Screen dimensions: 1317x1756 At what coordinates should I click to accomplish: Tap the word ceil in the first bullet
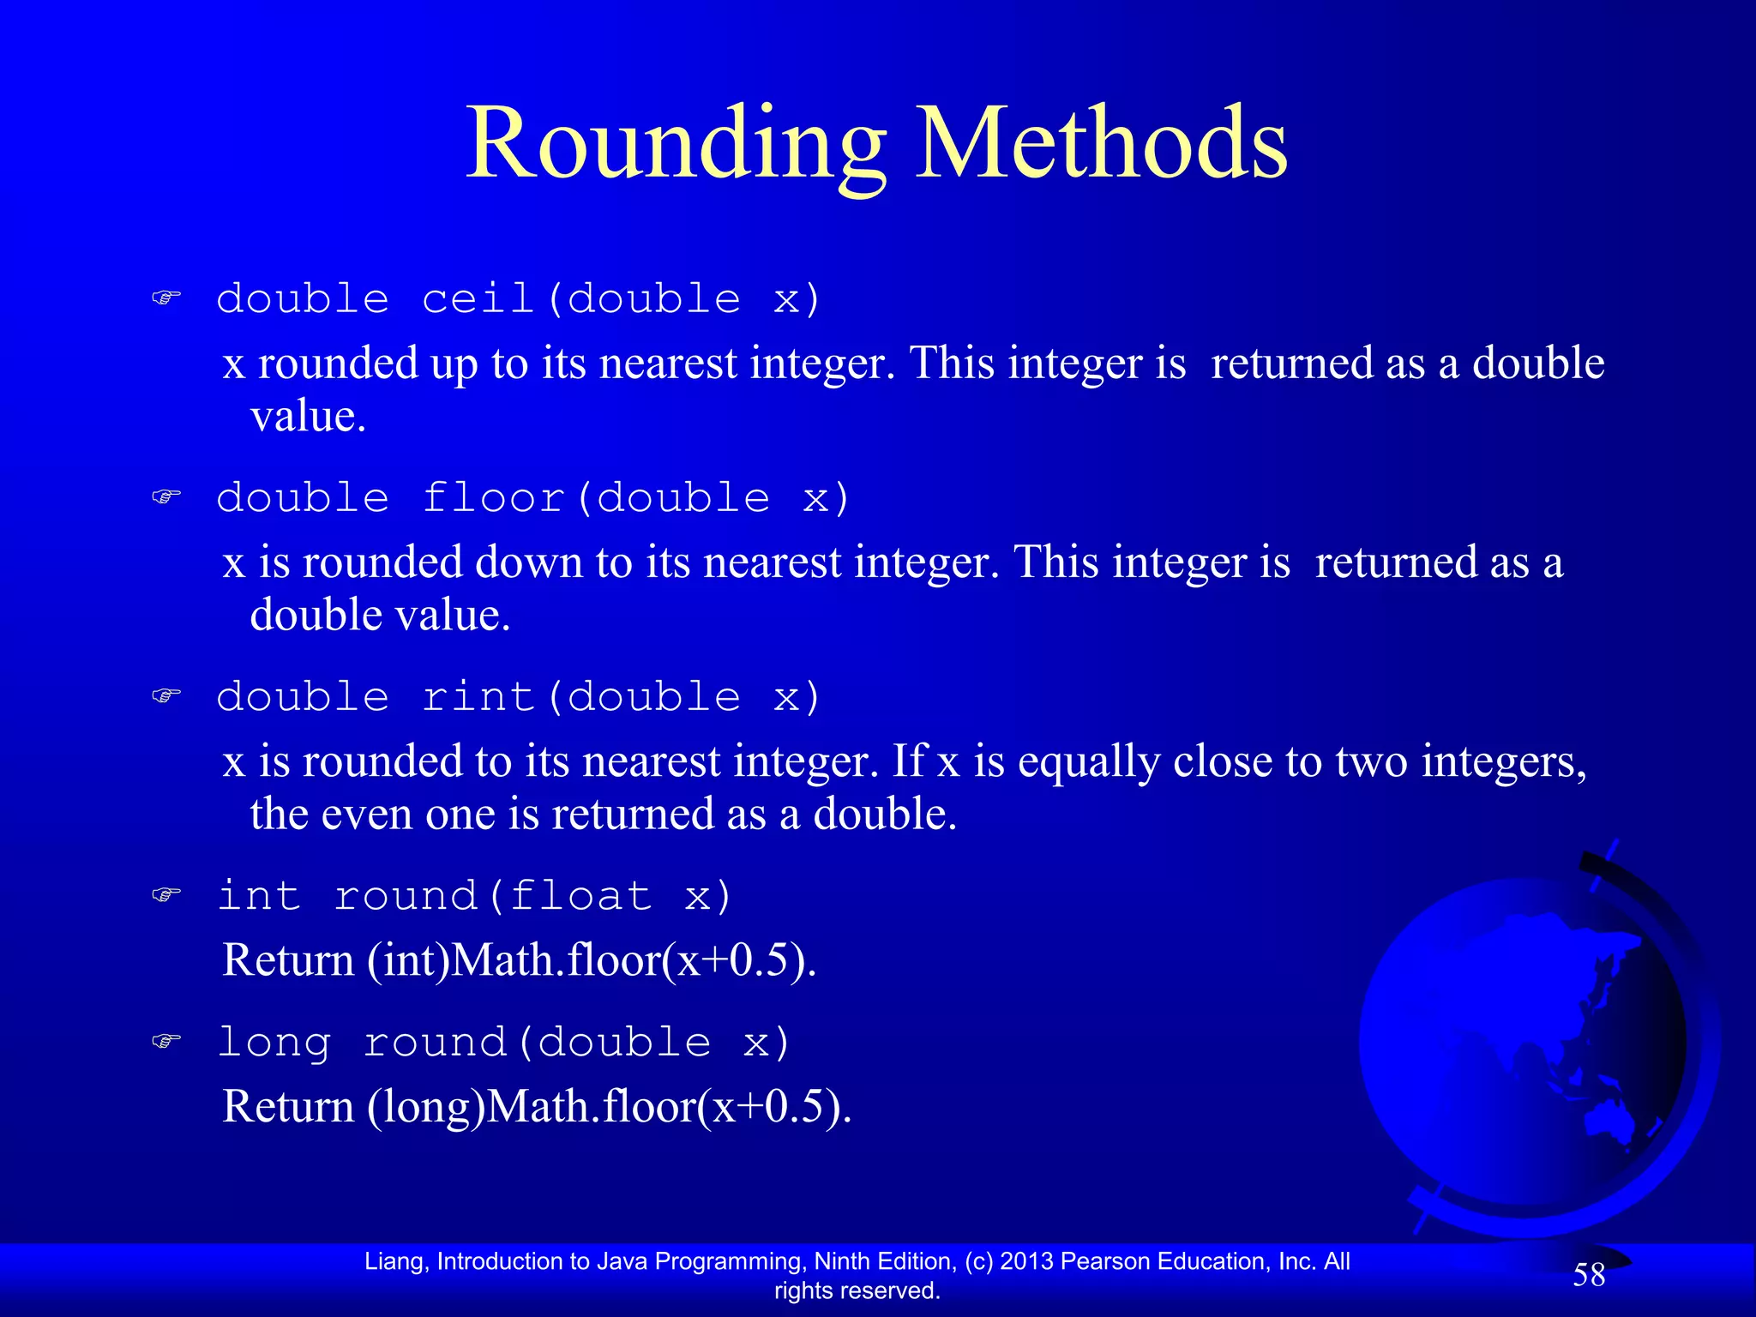(478, 299)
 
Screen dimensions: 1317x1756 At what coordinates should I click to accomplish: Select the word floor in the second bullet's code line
(493, 498)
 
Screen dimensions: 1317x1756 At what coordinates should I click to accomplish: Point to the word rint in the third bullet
(478, 696)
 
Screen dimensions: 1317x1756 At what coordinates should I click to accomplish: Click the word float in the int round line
(580, 896)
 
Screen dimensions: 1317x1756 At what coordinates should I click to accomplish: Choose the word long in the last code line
(274, 1043)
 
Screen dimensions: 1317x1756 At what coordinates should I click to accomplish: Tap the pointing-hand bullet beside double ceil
(166, 298)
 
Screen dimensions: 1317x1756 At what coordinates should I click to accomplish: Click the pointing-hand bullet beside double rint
(166, 695)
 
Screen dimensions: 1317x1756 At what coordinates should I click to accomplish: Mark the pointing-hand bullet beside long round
(166, 1042)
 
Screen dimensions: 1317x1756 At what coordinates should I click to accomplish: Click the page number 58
(1588, 1275)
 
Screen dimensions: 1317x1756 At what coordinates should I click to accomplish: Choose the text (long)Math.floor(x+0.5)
(610, 1106)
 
